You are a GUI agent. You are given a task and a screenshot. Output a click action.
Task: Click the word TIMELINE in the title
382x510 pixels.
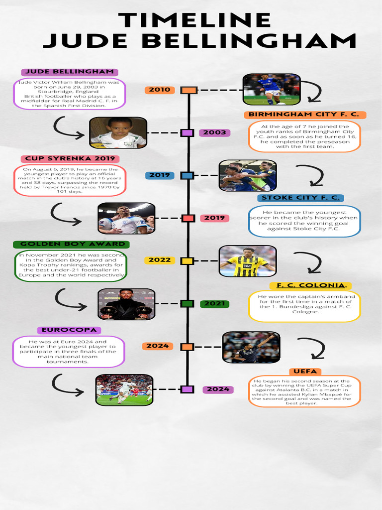[194, 20]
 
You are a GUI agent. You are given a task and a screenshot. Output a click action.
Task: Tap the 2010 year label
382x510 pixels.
[160, 90]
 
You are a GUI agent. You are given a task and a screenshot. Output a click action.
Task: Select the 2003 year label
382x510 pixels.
[214, 133]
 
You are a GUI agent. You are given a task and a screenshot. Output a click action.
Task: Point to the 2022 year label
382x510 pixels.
[160, 260]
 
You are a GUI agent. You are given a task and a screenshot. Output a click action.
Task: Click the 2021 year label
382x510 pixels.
[214, 304]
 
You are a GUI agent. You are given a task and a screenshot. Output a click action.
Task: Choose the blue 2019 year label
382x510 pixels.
[160, 175]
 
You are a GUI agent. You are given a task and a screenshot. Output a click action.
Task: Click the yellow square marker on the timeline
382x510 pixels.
[187, 260]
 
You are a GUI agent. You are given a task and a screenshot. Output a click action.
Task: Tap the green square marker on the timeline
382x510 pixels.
[187, 304]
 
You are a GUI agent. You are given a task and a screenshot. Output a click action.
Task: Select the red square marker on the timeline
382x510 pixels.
[188, 218]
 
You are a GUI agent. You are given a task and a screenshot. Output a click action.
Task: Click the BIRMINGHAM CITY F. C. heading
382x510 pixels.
[305, 115]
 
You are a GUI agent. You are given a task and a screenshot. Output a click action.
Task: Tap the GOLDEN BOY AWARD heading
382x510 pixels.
[73, 245]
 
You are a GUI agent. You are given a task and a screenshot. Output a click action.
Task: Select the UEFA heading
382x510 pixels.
[305, 372]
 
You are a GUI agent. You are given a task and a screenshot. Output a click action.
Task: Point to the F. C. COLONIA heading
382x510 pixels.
[311, 285]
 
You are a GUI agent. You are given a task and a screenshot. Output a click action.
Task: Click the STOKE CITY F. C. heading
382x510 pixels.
[301, 198]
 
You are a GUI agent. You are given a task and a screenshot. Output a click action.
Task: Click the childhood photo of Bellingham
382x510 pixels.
[118, 133]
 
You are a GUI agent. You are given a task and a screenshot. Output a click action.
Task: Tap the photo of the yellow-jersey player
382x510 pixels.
[248, 261]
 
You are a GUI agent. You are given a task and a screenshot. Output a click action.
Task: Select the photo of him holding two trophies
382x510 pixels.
[126, 304]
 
